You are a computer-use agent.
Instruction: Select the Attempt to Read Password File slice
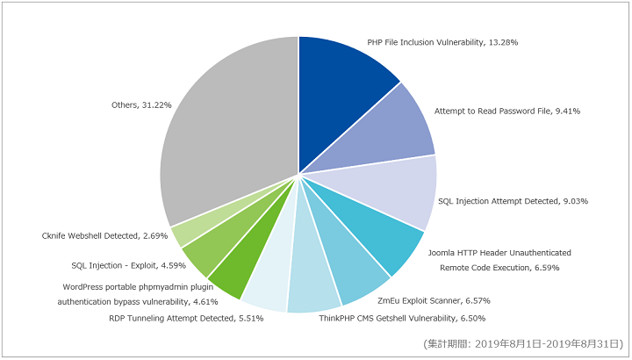point(387,133)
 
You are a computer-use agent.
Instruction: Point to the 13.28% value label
point(503,42)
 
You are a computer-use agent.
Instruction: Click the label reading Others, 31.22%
point(141,105)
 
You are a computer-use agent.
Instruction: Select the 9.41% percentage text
point(568,112)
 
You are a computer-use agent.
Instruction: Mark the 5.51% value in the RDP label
point(251,319)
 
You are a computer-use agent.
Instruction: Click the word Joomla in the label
point(441,253)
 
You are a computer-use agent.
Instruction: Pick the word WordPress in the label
point(83,287)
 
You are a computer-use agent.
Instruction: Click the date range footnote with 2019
point(523,344)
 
